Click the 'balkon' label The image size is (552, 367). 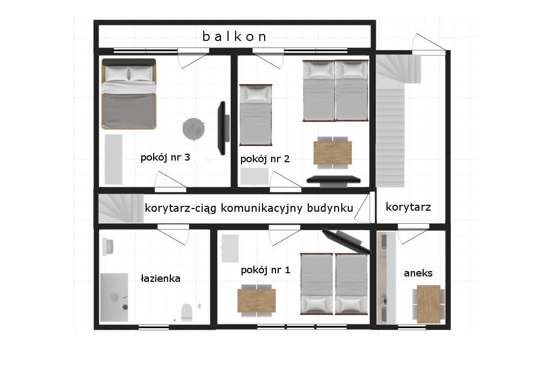[x=234, y=37]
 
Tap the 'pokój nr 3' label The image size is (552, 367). [x=165, y=157]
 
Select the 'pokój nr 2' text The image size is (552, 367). [x=265, y=159]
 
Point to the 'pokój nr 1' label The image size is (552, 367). [x=265, y=270]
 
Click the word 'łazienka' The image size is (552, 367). [x=161, y=278]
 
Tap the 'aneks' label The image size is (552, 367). [x=418, y=273]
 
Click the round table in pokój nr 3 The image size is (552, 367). [x=194, y=129]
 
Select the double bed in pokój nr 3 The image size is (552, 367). [x=129, y=94]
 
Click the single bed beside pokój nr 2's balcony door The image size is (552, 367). [x=256, y=115]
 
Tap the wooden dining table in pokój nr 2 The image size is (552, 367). [x=333, y=153]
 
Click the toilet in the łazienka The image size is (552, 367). [x=187, y=313]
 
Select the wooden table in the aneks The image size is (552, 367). [x=429, y=304]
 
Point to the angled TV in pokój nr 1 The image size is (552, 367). [x=347, y=242]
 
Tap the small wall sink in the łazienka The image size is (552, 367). [x=108, y=247]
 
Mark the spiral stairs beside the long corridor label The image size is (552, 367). [x=121, y=209]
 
